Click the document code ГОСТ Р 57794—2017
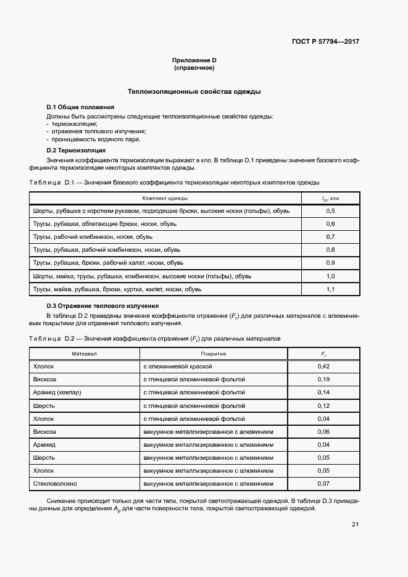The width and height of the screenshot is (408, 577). (x=325, y=42)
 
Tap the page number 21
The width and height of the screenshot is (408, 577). (x=355, y=525)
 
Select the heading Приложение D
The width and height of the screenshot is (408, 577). (x=194, y=60)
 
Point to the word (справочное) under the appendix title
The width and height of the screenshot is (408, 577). (x=194, y=67)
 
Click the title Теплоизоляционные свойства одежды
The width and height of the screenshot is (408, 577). (x=194, y=91)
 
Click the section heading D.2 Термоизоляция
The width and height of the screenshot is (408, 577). (x=76, y=150)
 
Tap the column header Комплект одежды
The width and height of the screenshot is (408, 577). (x=165, y=199)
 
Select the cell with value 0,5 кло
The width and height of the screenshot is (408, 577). (x=330, y=211)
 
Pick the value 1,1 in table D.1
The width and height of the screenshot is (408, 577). (x=330, y=289)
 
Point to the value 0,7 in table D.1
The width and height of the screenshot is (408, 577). (x=330, y=237)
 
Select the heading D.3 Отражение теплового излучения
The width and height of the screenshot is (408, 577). (x=103, y=305)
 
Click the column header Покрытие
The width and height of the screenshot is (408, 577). (x=214, y=354)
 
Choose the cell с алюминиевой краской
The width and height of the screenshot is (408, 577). (x=174, y=367)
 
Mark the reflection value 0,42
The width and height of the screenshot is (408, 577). (x=323, y=367)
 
